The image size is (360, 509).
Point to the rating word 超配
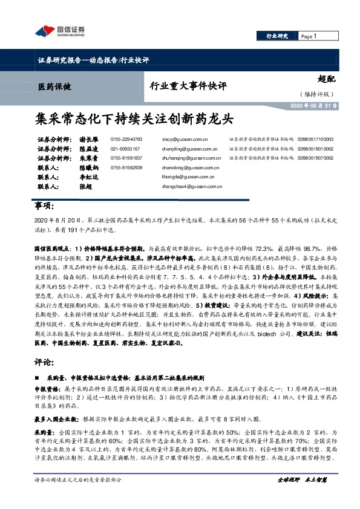[x=326, y=77]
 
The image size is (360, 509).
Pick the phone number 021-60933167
[x=125, y=148]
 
